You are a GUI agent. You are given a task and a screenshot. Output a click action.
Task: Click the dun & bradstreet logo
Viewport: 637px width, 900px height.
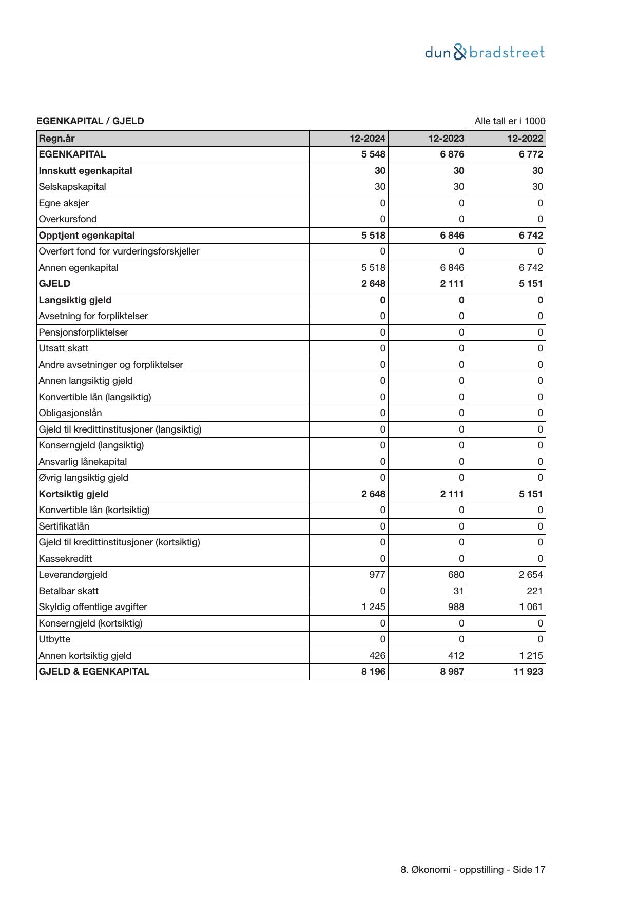click(x=485, y=52)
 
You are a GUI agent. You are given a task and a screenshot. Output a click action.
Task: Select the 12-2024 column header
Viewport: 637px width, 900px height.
click(x=367, y=139)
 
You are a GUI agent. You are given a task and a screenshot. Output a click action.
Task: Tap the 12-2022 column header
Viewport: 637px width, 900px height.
click(x=525, y=139)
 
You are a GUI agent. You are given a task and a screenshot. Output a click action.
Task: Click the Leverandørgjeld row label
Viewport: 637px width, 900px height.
click(x=73, y=575)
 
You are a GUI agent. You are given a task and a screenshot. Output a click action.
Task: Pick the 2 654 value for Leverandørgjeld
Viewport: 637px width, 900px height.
click(x=531, y=575)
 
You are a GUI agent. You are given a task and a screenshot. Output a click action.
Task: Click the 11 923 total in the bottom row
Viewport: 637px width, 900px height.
click(x=528, y=672)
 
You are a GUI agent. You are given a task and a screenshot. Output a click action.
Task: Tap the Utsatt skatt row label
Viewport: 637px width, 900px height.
click(x=64, y=348)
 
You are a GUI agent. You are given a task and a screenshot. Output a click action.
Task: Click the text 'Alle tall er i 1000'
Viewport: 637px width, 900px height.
click(x=510, y=121)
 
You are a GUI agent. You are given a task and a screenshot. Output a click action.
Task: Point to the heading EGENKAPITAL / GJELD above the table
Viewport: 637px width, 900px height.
click(x=90, y=121)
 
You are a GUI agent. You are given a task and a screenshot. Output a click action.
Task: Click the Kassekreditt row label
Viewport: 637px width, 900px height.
click(x=66, y=559)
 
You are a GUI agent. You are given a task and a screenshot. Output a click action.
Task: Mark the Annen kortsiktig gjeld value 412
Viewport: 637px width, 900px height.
click(x=455, y=656)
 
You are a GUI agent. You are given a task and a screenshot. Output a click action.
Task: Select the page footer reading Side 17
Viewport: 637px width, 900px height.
click(x=473, y=870)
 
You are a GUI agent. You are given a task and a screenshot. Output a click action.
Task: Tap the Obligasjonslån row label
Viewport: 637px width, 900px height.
click(x=70, y=413)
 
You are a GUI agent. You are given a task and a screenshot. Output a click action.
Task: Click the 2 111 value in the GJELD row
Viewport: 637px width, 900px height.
click(x=452, y=284)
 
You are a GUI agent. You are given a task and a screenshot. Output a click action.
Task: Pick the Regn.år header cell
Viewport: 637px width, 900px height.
click(x=57, y=139)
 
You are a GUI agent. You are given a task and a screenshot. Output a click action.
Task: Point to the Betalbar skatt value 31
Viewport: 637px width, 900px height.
click(x=458, y=591)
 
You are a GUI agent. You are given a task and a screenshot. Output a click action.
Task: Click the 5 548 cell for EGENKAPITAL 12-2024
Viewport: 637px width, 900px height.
click(x=373, y=154)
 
